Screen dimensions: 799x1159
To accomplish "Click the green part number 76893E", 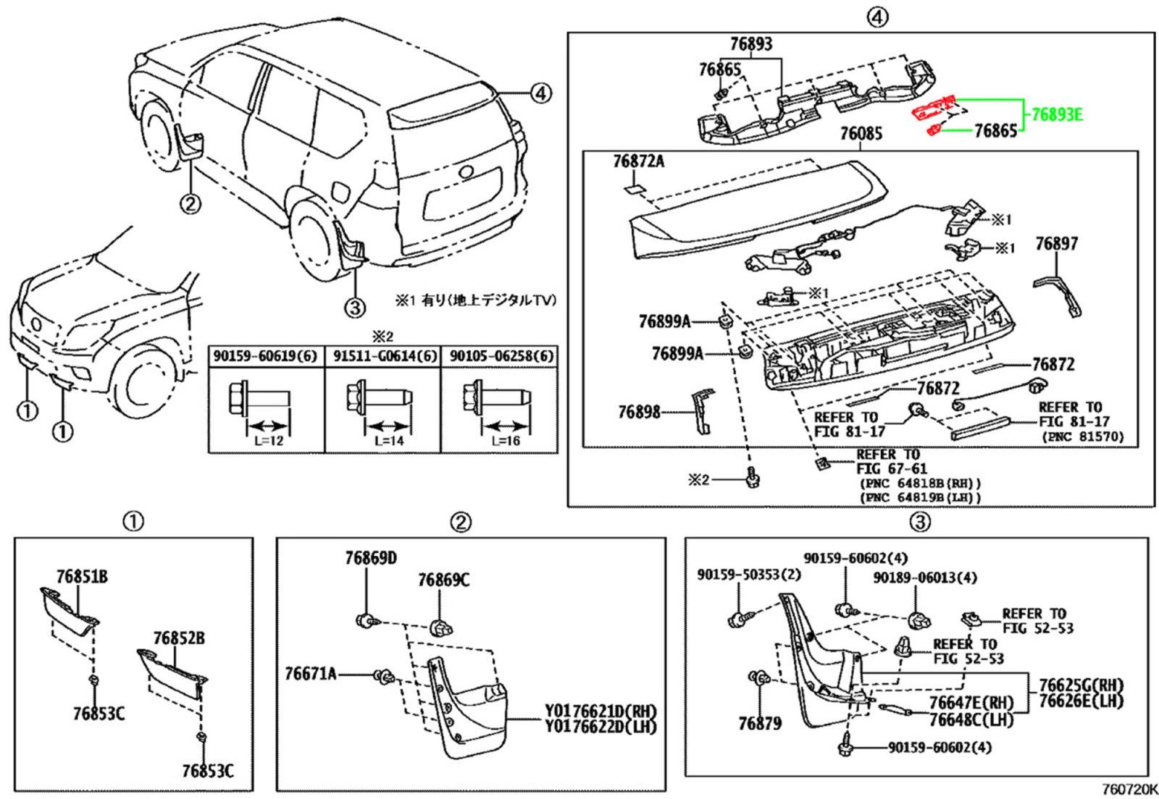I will [x=1057, y=114].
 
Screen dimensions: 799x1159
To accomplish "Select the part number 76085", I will [x=861, y=134].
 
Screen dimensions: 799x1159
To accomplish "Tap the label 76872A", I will [x=638, y=161].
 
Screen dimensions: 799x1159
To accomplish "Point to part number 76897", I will [x=1056, y=243].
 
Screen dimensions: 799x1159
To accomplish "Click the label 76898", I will [x=639, y=412].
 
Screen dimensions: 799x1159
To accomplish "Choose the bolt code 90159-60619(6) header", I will [x=265, y=356].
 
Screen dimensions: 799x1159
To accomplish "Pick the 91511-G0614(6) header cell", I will [x=385, y=356].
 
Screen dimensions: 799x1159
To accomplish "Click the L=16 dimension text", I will [x=506, y=441].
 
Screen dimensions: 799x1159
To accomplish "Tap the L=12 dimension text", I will [x=269, y=441].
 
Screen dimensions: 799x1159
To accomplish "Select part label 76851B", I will [x=82, y=577].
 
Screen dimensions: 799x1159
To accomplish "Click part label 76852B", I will [x=178, y=638].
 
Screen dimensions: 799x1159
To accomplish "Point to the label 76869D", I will [x=371, y=558].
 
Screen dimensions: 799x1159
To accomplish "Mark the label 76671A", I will [x=311, y=674].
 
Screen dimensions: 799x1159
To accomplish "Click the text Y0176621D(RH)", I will [x=601, y=711].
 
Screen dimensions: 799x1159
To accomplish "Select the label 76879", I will [x=760, y=722].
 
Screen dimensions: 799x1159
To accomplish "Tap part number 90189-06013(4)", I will [x=924, y=578].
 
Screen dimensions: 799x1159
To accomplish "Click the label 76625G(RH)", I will [x=1081, y=685].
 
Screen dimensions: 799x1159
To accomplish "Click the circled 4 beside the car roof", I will [x=540, y=93].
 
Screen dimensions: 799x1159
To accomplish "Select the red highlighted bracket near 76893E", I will [x=934, y=109].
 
